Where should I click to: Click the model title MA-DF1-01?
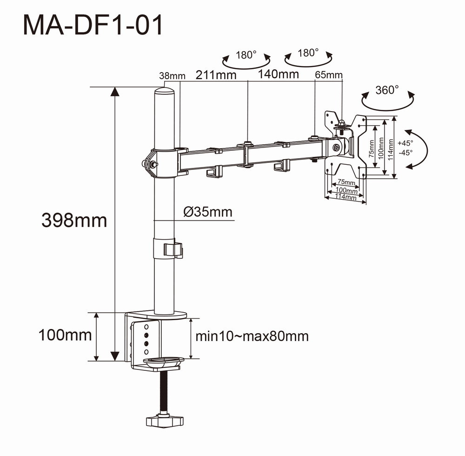93,26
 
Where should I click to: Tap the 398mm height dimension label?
74,220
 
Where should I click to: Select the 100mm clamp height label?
65,335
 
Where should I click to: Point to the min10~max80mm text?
252,336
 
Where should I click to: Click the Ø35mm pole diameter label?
207,212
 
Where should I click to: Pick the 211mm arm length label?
216,74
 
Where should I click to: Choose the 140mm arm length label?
279,74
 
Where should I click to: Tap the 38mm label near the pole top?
172,76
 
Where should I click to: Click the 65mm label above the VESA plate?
329,75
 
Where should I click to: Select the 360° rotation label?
387,90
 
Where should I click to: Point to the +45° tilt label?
405,143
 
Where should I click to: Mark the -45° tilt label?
405,152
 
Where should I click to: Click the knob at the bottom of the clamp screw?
163,421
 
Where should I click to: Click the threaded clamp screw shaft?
163,391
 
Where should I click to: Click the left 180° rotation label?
246,55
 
